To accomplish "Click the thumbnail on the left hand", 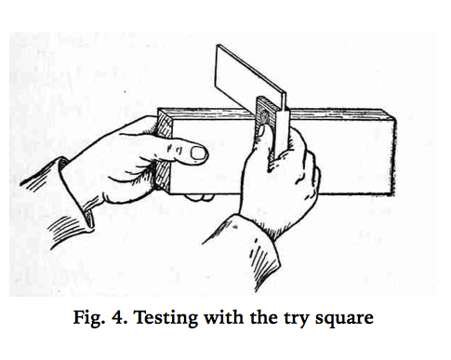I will [198, 152].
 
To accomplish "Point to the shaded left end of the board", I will [166, 149].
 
